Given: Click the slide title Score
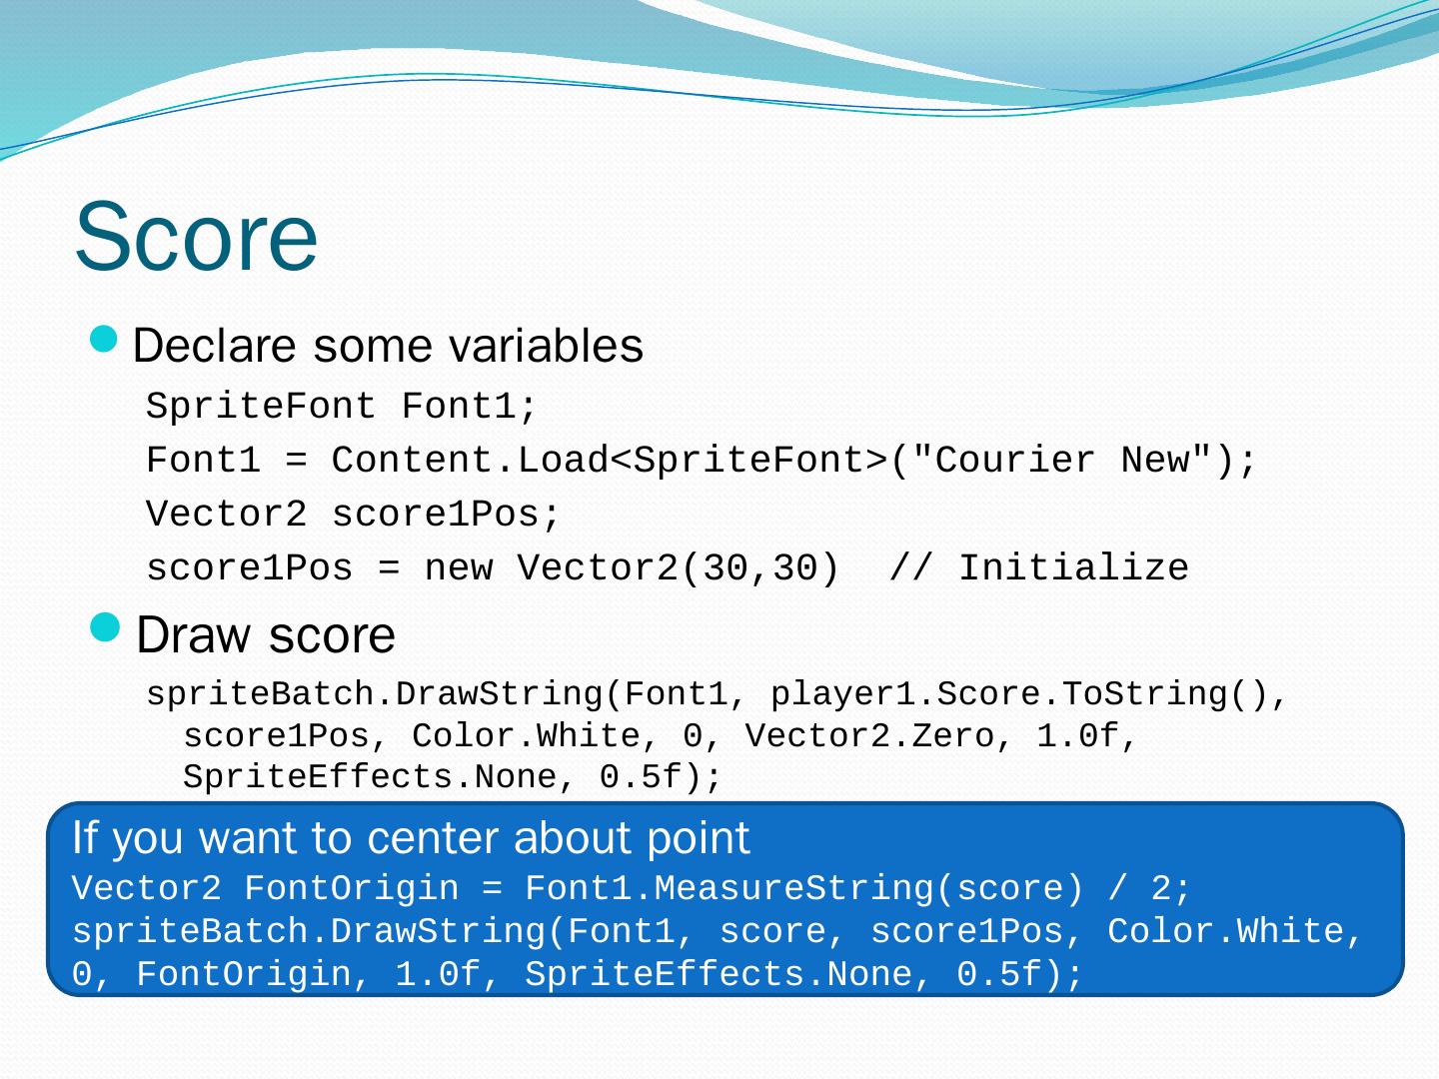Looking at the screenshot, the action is click(196, 237).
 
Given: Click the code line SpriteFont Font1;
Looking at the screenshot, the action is click(342, 407).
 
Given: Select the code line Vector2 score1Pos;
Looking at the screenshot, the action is click(354, 515).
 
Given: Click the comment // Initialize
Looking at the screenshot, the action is click(1038, 568).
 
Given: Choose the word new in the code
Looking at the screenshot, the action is click(458, 568).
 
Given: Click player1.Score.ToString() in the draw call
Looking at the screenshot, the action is click(1017, 694).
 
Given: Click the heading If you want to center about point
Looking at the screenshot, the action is click(411, 839).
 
